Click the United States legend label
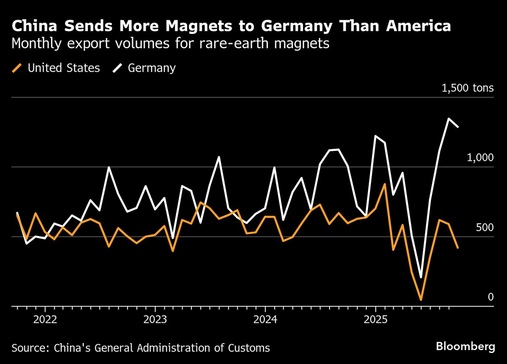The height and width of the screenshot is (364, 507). tap(64, 68)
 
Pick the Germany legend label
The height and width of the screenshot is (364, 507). tap(152, 68)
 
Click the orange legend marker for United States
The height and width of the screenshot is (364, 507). tap(17, 68)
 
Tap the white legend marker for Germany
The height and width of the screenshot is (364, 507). tap(117, 68)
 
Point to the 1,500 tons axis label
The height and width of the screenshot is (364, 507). tap(467, 88)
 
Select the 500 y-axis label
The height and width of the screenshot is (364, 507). tap(485, 227)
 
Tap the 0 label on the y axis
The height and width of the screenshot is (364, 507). tap(491, 297)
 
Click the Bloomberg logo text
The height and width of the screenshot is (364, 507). tap(466, 347)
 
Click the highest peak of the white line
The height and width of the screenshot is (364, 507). tap(449, 118)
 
